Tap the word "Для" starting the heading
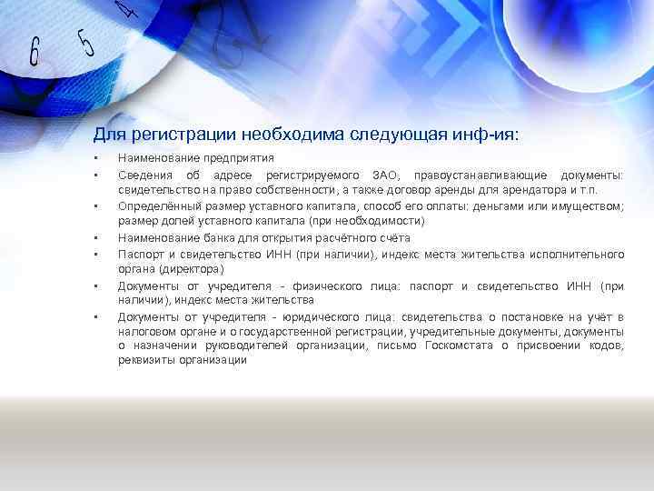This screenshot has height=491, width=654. pos(107,135)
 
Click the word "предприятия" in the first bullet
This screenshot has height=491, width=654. pos(217,158)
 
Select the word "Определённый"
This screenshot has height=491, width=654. pos(154,205)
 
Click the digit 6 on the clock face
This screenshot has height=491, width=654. pos(35,53)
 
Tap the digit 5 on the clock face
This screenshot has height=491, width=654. pos(85,42)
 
